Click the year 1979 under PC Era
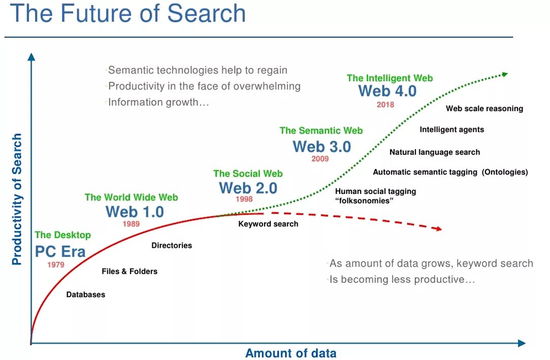pos(56,265)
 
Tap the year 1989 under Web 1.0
pos(131,223)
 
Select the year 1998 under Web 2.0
pos(244,199)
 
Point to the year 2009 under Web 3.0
pos(320,158)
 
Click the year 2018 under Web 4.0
pos(385,105)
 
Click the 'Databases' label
pos(86,294)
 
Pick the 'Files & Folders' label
pos(130,271)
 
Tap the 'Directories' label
pos(172,245)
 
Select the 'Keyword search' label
pos(268,223)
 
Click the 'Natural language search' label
pos(434,152)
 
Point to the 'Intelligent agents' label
pos(451,129)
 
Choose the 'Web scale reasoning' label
pos(484,108)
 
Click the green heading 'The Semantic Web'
pos(321,130)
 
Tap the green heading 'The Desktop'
pos(62,235)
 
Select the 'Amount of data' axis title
pos(290,353)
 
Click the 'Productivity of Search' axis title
pos(17,199)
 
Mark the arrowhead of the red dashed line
pos(438,230)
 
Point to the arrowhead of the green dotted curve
pos(504,74)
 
